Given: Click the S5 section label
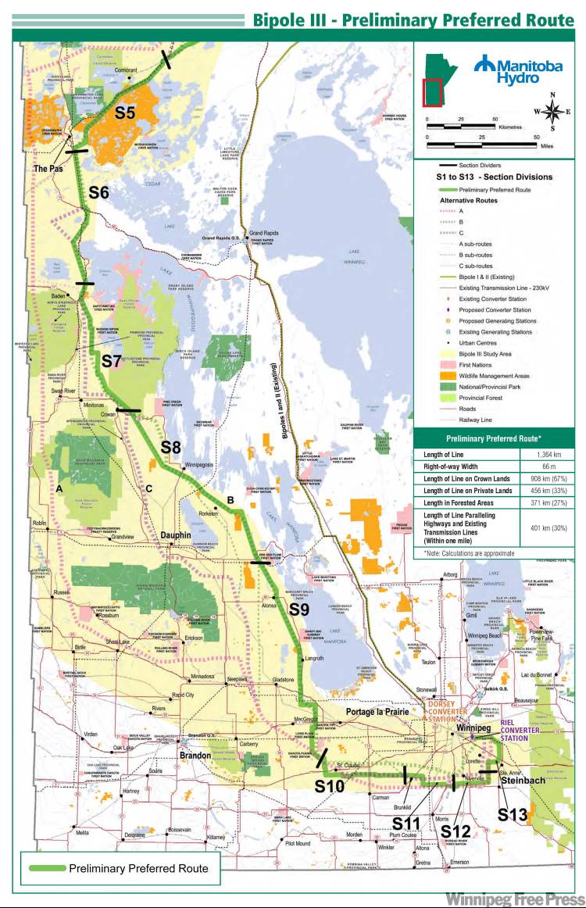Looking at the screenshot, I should [125, 113].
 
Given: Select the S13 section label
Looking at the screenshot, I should [513, 813].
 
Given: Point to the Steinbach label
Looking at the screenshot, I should [527, 779].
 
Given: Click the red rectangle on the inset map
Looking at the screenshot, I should [431, 91].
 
